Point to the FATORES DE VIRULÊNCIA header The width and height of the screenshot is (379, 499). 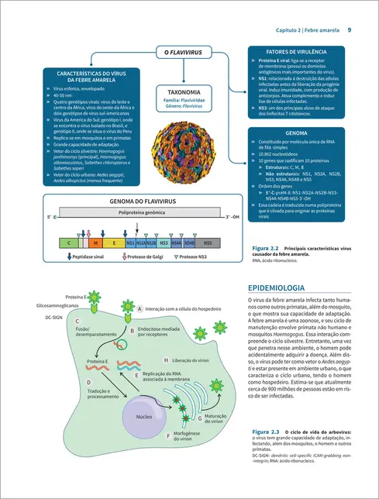(293, 49)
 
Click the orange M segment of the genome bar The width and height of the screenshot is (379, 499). (94, 243)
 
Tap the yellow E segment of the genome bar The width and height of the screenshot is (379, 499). (115, 243)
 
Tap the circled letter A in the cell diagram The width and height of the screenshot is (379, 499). (140, 308)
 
